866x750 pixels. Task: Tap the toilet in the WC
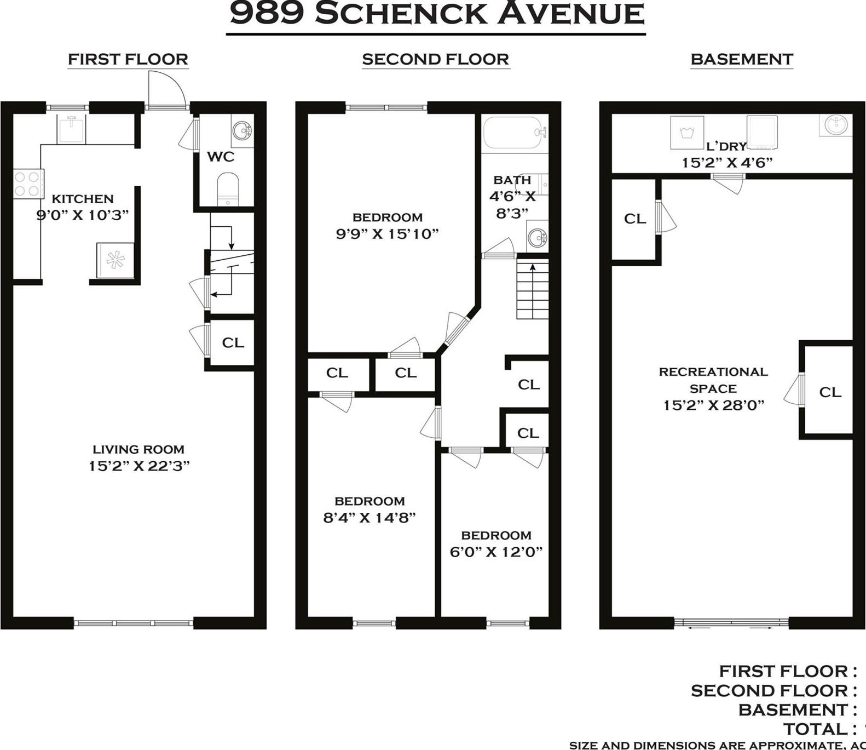(x=228, y=189)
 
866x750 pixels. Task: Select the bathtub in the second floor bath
(x=512, y=133)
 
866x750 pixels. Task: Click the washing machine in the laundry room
(x=687, y=133)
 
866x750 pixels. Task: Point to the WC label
(x=221, y=157)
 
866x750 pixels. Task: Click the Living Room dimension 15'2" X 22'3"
(x=139, y=466)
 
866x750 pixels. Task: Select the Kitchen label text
(x=83, y=199)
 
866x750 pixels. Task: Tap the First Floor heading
(x=128, y=59)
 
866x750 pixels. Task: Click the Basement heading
(x=742, y=59)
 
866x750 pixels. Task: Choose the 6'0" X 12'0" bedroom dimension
(x=496, y=552)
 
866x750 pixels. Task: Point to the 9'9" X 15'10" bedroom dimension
(x=388, y=234)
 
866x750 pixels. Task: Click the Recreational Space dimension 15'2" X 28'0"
(x=713, y=405)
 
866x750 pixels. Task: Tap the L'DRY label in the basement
(x=726, y=146)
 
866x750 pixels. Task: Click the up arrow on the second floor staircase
(x=532, y=267)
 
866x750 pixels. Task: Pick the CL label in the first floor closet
(x=233, y=343)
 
